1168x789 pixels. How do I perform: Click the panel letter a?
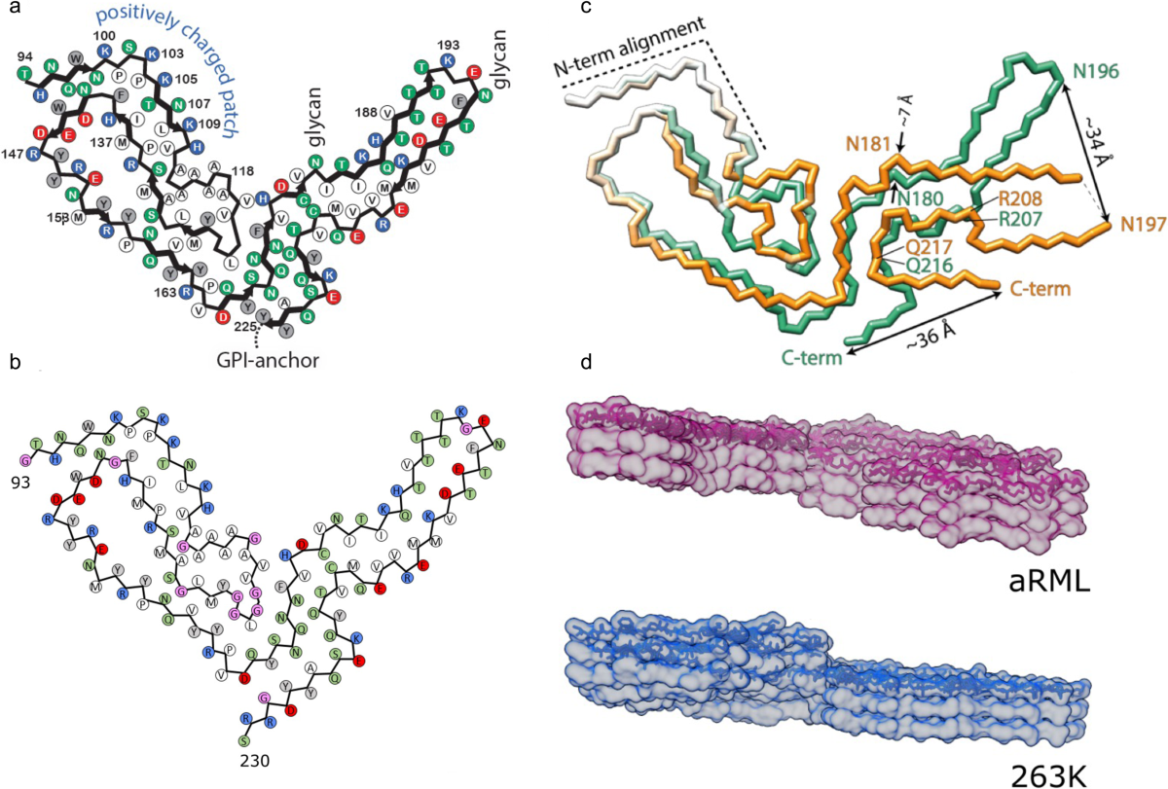[x=11, y=11]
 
